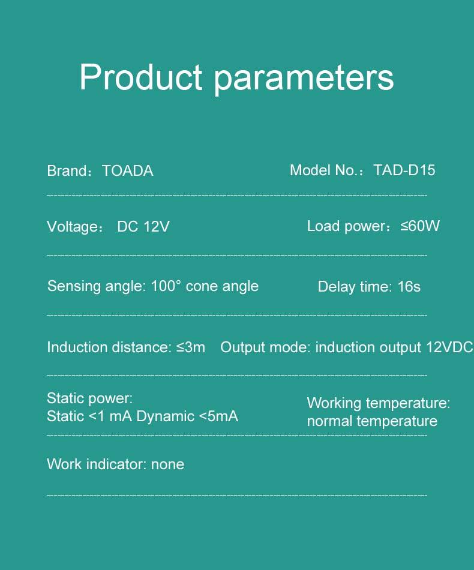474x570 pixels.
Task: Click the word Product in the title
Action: click(x=140, y=77)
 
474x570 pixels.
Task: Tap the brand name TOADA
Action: click(x=128, y=171)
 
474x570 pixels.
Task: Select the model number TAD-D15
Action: click(x=404, y=170)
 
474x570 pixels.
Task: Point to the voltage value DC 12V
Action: click(x=143, y=226)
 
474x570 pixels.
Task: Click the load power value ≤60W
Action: click(x=420, y=226)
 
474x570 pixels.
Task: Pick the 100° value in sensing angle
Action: click(x=166, y=286)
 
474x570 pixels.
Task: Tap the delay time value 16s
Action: click(x=409, y=286)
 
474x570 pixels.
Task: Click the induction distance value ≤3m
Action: click(x=191, y=347)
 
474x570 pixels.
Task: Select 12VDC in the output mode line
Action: click(x=449, y=347)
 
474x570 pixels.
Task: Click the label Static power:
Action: click(x=90, y=398)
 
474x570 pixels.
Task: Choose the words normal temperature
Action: click(x=372, y=421)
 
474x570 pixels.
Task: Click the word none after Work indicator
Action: click(x=167, y=464)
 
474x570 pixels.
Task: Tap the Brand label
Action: click(x=68, y=171)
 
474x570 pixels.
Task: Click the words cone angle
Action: click(x=222, y=286)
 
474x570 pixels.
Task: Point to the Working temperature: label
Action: click(x=379, y=403)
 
